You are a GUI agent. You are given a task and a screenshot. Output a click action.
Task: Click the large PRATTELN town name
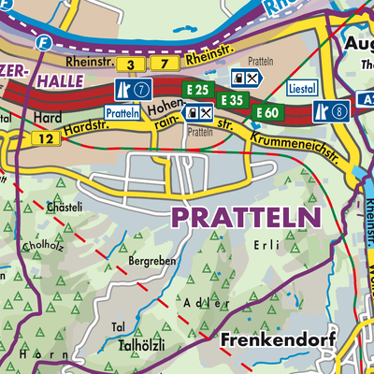(x=245, y=217)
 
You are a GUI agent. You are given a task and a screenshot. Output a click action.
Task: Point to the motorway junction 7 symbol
(x=131, y=91)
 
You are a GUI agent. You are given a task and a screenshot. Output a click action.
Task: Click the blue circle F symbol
(x=42, y=42)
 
